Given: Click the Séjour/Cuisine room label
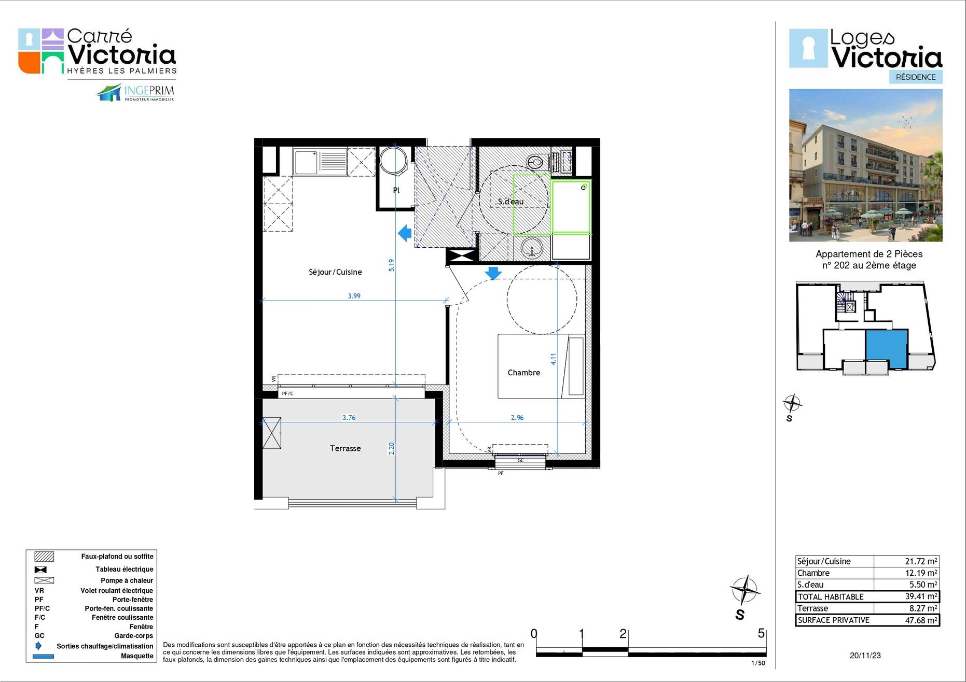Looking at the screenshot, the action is [x=335, y=272].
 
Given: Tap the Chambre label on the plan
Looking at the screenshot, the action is [x=523, y=373].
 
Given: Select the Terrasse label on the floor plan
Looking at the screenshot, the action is [x=345, y=448].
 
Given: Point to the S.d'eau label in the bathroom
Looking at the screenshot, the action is [x=510, y=202].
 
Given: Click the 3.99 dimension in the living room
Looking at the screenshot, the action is [x=354, y=296].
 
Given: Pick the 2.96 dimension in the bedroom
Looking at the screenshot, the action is [x=517, y=418].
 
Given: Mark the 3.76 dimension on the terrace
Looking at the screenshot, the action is [x=349, y=418].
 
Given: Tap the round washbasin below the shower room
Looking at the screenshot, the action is [x=532, y=248].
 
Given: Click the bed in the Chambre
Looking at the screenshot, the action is [x=541, y=366].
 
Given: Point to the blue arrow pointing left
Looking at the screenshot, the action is [x=405, y=233].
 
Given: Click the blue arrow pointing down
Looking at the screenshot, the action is [x=493, y=273].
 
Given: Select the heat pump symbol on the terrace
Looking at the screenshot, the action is [x=271, y=433].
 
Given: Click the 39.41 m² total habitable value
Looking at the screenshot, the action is [x=921, y=596].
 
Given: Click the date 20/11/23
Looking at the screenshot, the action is [x=865, y=656].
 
